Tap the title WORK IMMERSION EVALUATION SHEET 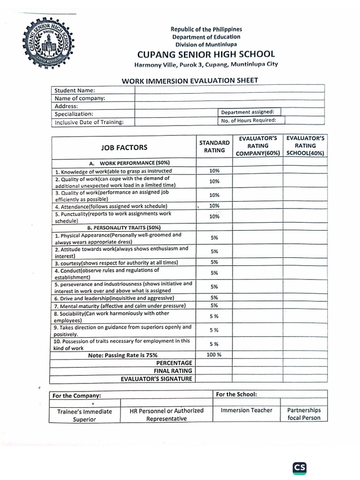click(190, 80)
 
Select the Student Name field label click(75, 90)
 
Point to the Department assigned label click(250, 112)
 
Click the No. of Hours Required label click(248, 120)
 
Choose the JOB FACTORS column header click(124, 147)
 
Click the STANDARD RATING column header click(214, 147)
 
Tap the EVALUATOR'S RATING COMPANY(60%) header click(258, 146)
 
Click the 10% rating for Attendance click(214, 206)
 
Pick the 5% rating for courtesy click(214, 262)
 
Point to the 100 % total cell click(214, 354)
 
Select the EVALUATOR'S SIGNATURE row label click(157, 378)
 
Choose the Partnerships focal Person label click(304, 414)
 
